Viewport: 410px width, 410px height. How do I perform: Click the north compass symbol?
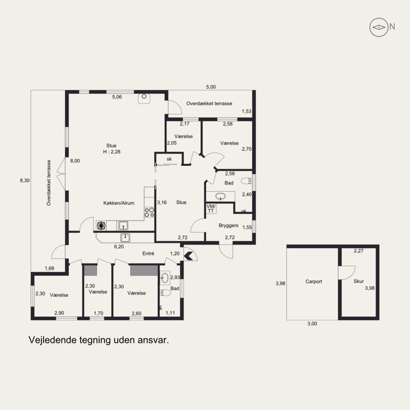(x=379, y=27)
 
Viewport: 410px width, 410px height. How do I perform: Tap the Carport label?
(x=314, y=281)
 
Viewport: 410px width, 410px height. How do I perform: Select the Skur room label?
(x=359, y=281)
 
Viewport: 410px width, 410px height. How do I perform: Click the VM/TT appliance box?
(x=211, y=209)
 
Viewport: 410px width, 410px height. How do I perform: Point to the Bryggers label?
(x=229, y=225)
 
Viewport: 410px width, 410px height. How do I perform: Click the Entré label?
(x=148, y=253)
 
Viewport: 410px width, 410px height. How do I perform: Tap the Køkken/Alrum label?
(x=119, y=203)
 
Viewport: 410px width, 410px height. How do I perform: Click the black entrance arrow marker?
(x=189, y=256)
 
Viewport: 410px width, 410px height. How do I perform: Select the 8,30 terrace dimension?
(x=25, y=180)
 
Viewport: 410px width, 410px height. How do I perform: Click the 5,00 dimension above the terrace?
(x=211, y=87)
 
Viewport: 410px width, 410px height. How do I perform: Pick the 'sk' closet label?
(x=169, y=159)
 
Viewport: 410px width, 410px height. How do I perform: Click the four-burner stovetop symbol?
(x=149, y=212)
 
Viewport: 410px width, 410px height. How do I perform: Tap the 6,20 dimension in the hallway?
(x=119, y=247)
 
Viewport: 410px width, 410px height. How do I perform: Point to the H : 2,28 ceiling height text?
(x=112, y=152)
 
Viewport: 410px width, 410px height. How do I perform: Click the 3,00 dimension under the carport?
(x=312, y=324)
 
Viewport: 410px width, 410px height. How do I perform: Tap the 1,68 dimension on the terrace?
(x=49, y=268)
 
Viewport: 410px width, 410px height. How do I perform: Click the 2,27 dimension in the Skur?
(x=359, y=251)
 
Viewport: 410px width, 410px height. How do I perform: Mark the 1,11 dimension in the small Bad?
(x=170, y=313)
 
